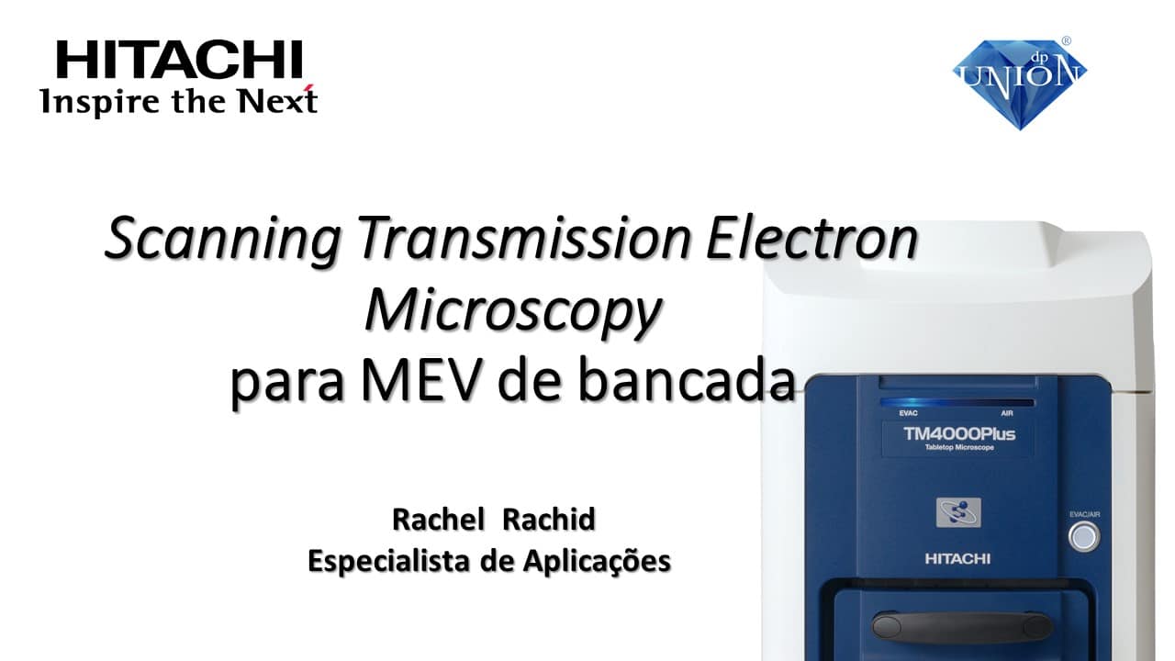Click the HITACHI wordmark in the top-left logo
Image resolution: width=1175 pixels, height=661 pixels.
click(x=179, y=60)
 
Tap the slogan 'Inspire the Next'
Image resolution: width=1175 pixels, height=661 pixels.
click(x=178, y=100)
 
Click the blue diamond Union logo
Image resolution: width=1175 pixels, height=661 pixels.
click(x=1020, y=84)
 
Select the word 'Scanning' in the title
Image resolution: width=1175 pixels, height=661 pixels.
click(x=223, y=238)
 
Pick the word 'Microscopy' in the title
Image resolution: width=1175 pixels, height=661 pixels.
click(x=513, y=310)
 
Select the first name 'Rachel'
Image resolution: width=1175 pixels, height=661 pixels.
click(x=438, y=520)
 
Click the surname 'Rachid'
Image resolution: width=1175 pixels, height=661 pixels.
click(x=549, y=520)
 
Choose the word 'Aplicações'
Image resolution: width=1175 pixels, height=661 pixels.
click(x=597, y=561)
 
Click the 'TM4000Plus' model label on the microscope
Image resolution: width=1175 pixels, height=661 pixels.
click(x=959, y=434)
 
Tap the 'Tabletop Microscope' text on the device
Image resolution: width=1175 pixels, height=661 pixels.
click(x=959, y=447)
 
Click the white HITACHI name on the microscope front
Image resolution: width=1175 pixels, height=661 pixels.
click(x=957, y=559)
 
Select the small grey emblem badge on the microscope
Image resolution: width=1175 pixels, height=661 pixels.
click(x=958, y=512)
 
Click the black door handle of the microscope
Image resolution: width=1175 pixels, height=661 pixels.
click(x=962, y=627)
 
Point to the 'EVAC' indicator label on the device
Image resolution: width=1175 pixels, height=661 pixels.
click(x=908, y=413)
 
